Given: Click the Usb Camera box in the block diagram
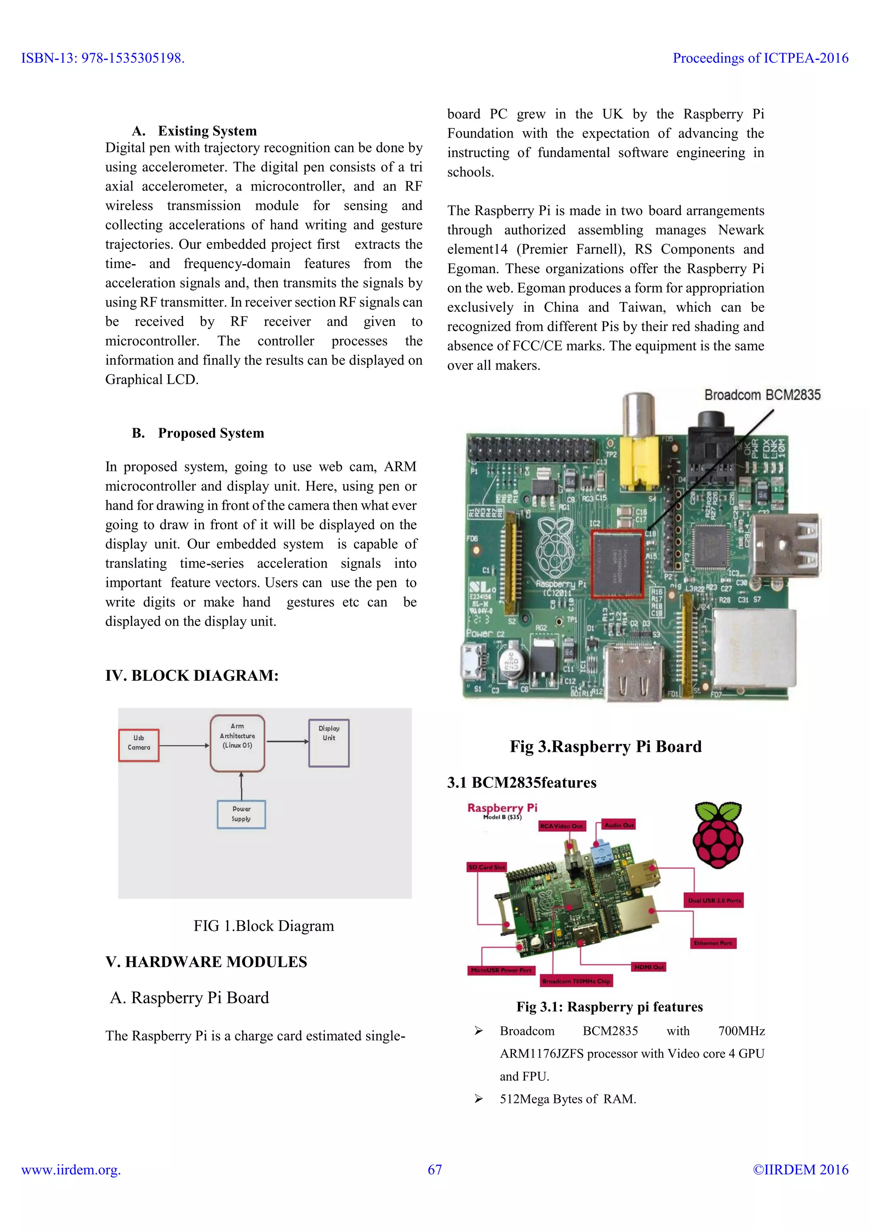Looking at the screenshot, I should coord(139,745).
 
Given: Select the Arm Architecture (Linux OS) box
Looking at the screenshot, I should coord(237,743).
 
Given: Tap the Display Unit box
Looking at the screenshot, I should coord(329,742).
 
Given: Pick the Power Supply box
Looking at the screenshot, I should coord(241,814).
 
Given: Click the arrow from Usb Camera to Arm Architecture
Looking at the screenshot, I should coord(184,745).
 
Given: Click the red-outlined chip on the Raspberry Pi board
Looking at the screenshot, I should coord(617,563).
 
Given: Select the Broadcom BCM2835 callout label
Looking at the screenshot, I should coord(762,395).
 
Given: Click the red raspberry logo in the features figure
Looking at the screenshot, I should coord(718,836).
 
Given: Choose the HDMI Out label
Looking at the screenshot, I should coord(649,967).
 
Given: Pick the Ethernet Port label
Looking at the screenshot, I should coord(713,943).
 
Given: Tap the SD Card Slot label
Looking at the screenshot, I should coord(486,867).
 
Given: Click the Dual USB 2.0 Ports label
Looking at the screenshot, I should coord(714,900).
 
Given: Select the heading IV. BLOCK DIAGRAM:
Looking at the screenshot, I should coord(192,676).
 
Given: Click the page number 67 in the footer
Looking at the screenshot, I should coord(435,1169).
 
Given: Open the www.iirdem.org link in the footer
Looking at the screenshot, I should coord(71,1169).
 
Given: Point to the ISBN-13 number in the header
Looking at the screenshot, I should coord(102,58).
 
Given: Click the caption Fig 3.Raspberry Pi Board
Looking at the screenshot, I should coord(605,746).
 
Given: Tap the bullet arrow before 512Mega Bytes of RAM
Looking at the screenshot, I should coord(478,1099).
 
